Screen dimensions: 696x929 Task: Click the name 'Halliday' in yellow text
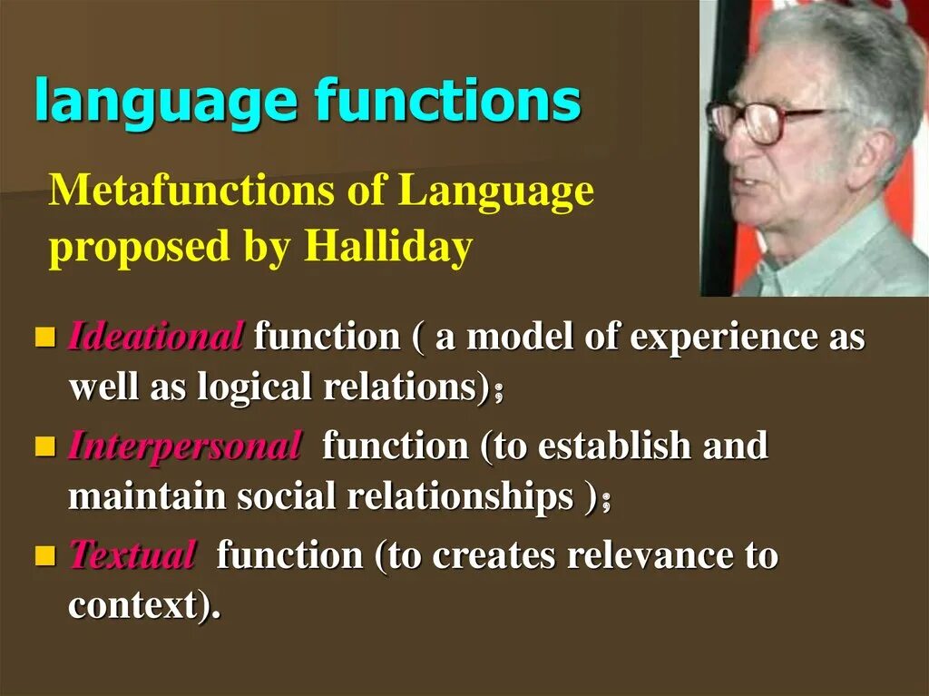tap(388, 246)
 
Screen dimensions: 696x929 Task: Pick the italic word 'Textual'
tap(132, 554)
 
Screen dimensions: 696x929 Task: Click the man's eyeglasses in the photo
tap(762, 121)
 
